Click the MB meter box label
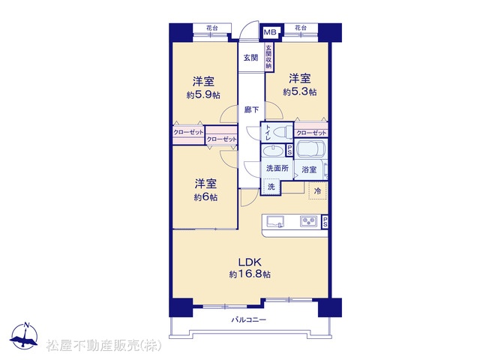270,31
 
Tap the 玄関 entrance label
250,58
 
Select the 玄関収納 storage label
268,57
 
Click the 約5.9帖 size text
203,95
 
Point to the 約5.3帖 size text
300,91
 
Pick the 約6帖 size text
205,197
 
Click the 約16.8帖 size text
250,274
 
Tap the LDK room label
250,262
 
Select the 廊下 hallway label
251,109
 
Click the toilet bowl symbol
283,132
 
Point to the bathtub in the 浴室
310,149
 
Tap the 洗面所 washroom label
277,168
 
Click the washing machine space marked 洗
271,187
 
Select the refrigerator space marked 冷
317,190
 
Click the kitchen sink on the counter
275,222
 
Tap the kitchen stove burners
308,221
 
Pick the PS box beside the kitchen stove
325,222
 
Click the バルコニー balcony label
248,320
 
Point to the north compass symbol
24,336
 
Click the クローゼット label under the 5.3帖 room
311,133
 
